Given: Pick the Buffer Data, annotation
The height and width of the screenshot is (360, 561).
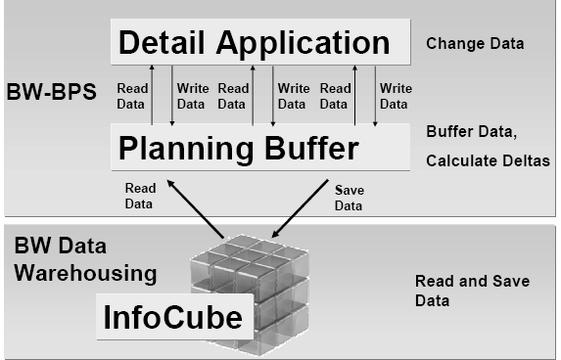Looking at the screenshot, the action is coord(470,131).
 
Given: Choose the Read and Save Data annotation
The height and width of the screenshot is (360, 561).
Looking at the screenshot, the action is coord(472,291).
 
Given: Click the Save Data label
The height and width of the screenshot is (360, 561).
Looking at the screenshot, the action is coord(349,199).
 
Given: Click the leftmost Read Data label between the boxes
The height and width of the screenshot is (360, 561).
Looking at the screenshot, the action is coord(132,95).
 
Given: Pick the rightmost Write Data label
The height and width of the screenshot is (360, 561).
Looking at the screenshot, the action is coord(396,95).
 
